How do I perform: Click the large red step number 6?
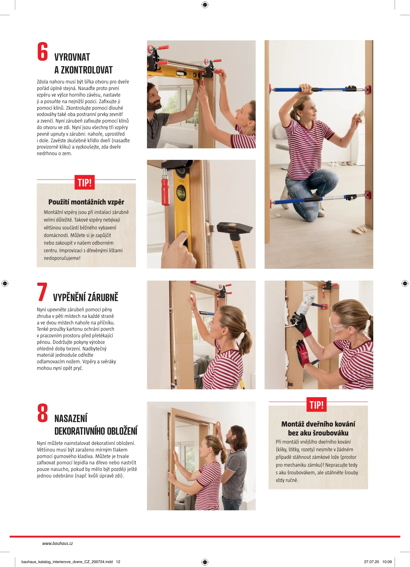pos(43,51)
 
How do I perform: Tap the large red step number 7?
pos(42,292)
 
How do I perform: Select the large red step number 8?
pos(43,413)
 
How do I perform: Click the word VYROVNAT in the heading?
pos(72,57)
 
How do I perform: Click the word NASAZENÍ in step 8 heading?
pos(71,418)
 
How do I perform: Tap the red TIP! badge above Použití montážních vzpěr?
pos(85,182)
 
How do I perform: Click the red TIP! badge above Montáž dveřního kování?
pos(317,405)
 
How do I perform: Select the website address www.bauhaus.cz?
pos(57,543)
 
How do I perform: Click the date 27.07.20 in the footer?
pos(371,562)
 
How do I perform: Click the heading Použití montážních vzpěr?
pos(86,202)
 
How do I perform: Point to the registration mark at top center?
pos(205,5)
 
